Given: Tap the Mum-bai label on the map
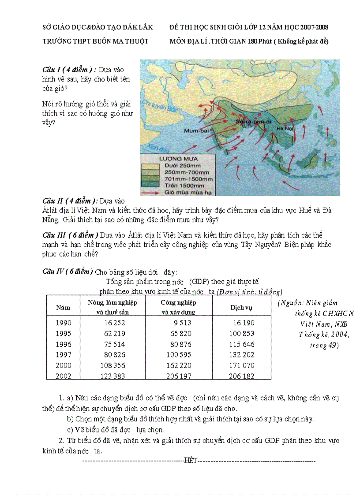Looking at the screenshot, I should (196, 131).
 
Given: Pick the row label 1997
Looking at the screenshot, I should (63, 355).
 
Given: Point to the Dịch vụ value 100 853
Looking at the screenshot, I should (241, 334).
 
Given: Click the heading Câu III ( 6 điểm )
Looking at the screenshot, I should (70, 234).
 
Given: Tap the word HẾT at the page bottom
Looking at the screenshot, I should (191, 461).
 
